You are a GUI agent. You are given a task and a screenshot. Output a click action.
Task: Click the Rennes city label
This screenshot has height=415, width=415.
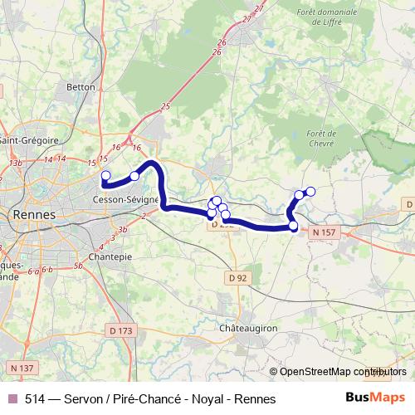[x=34, y=214]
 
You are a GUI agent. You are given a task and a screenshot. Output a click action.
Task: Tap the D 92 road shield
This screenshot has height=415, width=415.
[x=237, y=276]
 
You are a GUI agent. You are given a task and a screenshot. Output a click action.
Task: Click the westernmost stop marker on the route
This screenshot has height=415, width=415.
[x=105, y=175]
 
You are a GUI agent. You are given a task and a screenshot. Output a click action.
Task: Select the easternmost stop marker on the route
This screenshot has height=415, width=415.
[x=311, y=192]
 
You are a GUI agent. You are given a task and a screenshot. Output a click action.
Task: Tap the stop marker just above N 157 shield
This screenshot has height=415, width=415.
[x=293, y=225]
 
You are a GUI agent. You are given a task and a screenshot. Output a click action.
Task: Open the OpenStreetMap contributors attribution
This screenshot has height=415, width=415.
[x=339, y=372]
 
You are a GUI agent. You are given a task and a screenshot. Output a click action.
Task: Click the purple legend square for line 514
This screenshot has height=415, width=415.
[x=12, y=398]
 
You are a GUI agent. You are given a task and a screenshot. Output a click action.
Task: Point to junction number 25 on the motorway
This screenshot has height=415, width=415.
[x=165, y=106]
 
